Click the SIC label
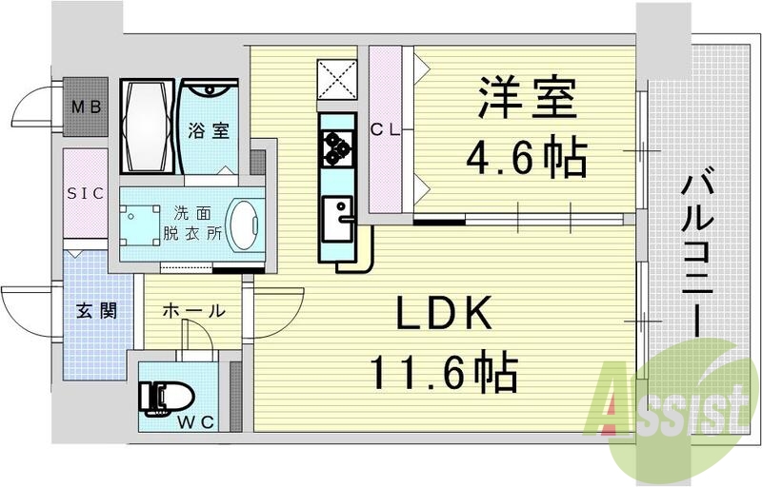(x=85, y=193)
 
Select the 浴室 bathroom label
(x=207, y=130)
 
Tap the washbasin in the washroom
(x=246, y=224)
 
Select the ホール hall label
(x=193, y=311)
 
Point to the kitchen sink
(x=336, y=218)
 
